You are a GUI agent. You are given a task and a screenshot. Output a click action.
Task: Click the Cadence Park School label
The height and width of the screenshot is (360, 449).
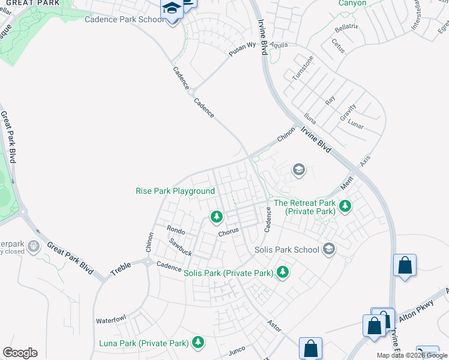pyautogui.click(x=124, y=19)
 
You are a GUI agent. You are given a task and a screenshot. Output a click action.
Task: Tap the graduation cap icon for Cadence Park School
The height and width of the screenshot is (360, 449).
pyautogui.click(x=171, y=10)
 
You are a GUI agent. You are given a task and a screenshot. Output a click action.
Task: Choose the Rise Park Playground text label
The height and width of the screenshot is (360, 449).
pyautogui.click(x=175, y=191)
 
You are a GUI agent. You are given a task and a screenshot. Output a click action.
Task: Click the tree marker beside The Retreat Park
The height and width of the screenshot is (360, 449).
pyautogui.click(x=345, y=206)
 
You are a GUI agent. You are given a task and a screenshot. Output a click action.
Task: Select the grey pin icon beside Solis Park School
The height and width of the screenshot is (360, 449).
pyautogui.click(x=328, y=248)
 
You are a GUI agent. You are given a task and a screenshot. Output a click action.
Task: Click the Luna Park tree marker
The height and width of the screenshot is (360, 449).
pyautogui.click(x=197, y=343)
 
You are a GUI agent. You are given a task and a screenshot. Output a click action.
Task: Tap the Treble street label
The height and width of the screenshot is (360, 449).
pyautogui.click(x=121, y=271)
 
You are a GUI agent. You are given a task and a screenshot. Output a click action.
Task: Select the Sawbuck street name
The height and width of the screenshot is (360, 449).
pyautogui.click(x=179, y=247)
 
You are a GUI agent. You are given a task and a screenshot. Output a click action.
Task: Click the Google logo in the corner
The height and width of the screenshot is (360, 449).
pyautogui.click(x=20, y=353)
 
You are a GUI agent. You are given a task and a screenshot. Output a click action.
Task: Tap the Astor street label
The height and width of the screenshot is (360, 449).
pyautogui.click(x=274, y=325)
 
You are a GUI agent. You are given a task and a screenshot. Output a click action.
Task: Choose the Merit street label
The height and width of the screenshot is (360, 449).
pyautogui.click(x=346, y=184)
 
